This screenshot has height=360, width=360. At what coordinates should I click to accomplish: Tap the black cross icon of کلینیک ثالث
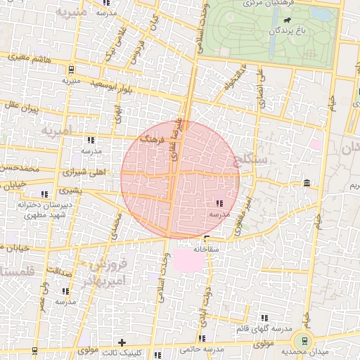coord(122,342)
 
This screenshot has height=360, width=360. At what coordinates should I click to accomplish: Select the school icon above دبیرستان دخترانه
coord(44,193)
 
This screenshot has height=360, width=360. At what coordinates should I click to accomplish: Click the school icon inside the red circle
coord(212,202)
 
